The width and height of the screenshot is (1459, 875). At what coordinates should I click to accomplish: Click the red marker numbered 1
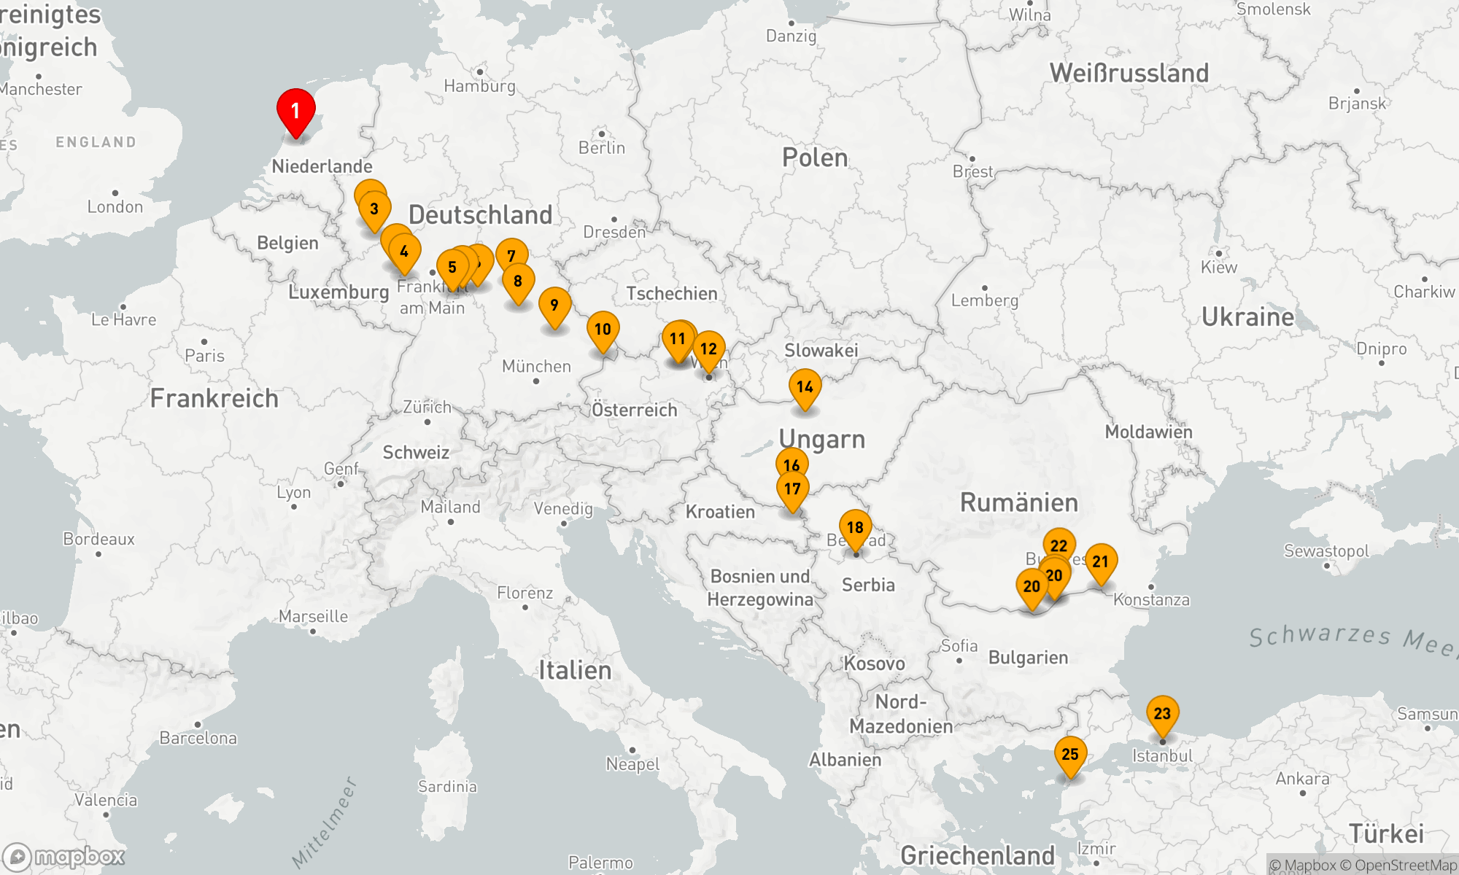[295, 111]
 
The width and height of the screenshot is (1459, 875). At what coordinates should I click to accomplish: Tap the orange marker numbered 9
[554, 305]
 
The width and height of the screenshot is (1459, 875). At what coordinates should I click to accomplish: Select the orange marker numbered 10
[603, 329]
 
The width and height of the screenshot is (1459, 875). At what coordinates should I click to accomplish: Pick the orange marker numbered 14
[805, 386]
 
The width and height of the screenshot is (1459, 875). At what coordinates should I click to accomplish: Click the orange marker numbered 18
[855, 527]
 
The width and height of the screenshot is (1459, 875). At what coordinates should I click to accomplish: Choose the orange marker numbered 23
[1162, 713]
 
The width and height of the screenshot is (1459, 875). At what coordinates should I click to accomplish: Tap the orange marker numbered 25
[1070, 754]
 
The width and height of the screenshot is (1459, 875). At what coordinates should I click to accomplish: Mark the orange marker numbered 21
[1101, 561]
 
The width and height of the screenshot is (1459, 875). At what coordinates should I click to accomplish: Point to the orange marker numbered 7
[511, 255]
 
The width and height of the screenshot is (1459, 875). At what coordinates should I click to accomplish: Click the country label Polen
[815, 157]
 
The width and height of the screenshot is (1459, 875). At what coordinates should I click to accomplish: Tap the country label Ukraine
[1247, 317]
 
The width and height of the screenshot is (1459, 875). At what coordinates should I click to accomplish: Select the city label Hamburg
[479, 86]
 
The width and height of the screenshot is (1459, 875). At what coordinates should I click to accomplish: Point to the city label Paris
[204, 356]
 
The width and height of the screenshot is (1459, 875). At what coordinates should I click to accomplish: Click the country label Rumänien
[1018, 502]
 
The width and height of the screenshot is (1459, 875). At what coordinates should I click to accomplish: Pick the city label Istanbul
[1162, 756]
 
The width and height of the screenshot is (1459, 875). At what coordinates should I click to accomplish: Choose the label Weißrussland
[1129, 73]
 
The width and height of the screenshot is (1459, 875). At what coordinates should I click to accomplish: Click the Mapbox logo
[64, 856]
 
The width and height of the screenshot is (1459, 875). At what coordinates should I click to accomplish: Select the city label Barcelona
[198, 738]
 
